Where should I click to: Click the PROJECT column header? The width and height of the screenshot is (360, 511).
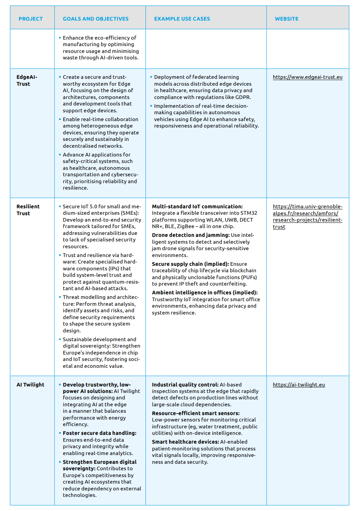coord(30,19)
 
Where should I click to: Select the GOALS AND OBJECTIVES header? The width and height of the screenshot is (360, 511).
coord(96,19)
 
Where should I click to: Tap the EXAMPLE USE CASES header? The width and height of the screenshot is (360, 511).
coord(182,19)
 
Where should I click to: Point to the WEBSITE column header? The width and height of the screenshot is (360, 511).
coord(286,19)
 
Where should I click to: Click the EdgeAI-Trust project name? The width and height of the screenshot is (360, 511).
coord(27,80)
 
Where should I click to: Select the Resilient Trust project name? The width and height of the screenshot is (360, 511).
coord(28,210)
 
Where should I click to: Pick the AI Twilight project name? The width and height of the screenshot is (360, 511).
coord(30,385)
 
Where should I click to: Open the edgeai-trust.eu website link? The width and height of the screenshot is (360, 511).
coord(307,77)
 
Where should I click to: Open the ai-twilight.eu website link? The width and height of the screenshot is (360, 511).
coord(299,385)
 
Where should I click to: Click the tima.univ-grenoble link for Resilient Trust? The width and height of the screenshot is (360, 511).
coord(307,216)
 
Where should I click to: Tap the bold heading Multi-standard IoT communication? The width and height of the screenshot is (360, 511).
coord(197,206)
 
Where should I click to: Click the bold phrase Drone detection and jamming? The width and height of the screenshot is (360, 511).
coord(190,235)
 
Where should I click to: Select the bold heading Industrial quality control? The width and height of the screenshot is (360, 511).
coord(185,385)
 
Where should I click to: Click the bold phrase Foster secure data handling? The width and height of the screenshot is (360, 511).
coord(99,433)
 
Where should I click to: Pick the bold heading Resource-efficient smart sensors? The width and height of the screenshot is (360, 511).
coord(195,413)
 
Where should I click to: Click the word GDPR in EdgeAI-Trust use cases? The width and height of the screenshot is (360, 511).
coord(242,97)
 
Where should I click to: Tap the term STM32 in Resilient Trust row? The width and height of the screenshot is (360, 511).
coord(249,213)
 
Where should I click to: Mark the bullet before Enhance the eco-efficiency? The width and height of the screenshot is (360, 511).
coord(60,38)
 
